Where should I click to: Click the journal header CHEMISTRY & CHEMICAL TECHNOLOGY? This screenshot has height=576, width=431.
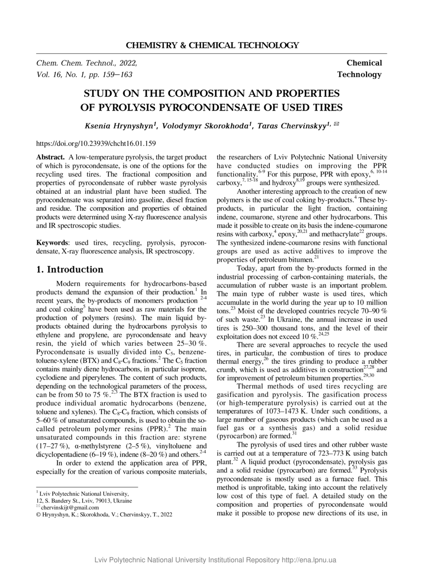[x=212, y=45]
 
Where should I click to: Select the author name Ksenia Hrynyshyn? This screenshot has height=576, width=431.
[x=121, y=125]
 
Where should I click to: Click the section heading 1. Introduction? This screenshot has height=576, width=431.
[x=70, y=269]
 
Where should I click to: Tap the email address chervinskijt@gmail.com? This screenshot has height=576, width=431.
[x=70, y=508]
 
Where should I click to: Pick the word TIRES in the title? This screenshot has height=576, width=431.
[x=324, y=107]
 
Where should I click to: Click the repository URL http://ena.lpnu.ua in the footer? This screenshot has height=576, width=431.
[x=308, y=560]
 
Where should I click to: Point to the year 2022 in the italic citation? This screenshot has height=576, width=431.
[x=128, y=63]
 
